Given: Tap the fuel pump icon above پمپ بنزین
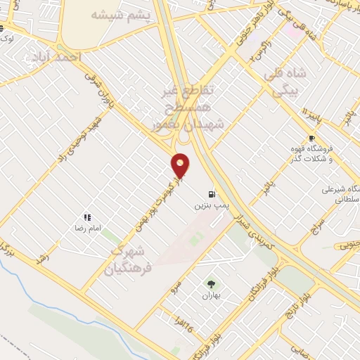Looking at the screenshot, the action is point(211,195).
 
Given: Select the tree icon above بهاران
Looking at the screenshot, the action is point(211,284).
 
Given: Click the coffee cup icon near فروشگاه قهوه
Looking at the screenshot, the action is point(311,139).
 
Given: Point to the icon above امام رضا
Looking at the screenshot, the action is point(86,218).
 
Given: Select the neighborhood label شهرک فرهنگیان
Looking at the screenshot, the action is point(127,258).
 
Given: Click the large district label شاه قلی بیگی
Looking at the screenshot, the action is point(285,81).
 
